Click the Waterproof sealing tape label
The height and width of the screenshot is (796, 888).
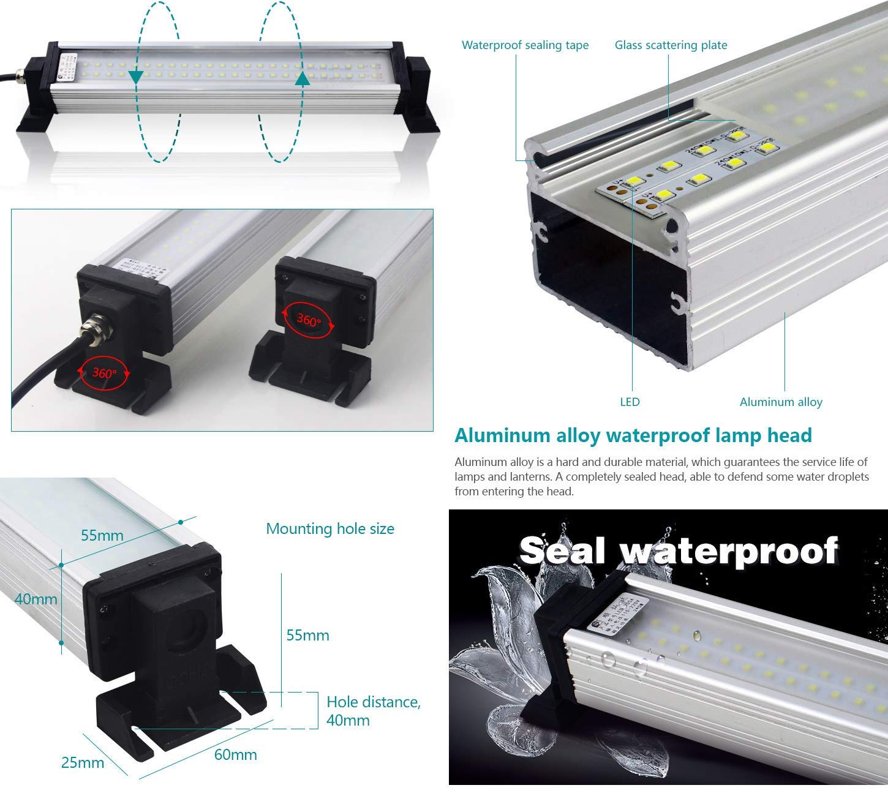[x=525, y=45]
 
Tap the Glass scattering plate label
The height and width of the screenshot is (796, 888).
[x=671, y=45]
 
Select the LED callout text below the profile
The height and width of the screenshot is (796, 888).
[x=630, y=402]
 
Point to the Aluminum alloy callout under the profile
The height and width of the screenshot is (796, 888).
[x=781, y=402]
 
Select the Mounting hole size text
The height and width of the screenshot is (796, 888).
[x=330, y=529]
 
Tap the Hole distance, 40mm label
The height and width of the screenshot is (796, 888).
[x=373, y=710]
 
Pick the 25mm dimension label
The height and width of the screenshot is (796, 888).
[x=82, y=763]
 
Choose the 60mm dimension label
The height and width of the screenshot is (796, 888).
[x=235, y=755]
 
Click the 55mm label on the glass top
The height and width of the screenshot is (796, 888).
[x=102, y=536]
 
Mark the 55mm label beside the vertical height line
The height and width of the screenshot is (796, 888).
[x=308, y=636]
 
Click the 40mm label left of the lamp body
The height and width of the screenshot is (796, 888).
[x=36, y=599]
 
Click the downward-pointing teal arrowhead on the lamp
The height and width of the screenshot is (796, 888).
[x=136, y=77]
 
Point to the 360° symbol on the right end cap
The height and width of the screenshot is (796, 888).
[x=309, y=320]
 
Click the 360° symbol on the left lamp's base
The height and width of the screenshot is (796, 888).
[x=103, y=372]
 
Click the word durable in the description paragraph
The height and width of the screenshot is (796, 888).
[x=612, y=462]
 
